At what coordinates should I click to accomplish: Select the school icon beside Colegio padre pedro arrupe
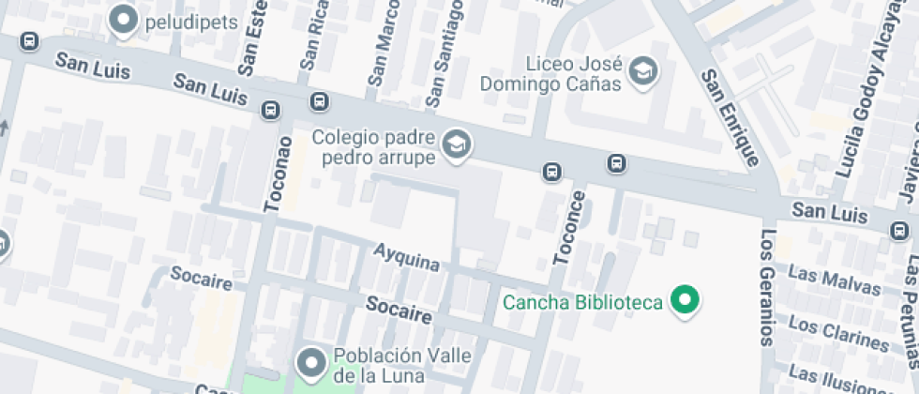point(457,144)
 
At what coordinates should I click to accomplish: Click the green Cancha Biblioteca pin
point(686,301)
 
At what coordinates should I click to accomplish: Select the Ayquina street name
point(406,256)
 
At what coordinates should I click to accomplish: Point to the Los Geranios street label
point(767,287)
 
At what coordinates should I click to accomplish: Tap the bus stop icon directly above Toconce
point(553,172)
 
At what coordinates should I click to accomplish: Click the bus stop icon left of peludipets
point(29,41)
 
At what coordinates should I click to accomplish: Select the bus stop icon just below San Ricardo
point(319,101)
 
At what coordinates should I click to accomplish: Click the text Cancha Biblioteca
point(583,302)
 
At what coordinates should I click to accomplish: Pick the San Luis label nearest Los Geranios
point(829,212)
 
